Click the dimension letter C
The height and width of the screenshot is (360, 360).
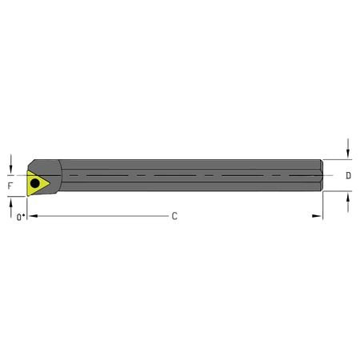174,217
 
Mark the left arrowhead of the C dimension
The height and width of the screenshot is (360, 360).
34,217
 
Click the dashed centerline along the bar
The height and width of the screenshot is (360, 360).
184,174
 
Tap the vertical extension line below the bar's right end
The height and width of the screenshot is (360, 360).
322,206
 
